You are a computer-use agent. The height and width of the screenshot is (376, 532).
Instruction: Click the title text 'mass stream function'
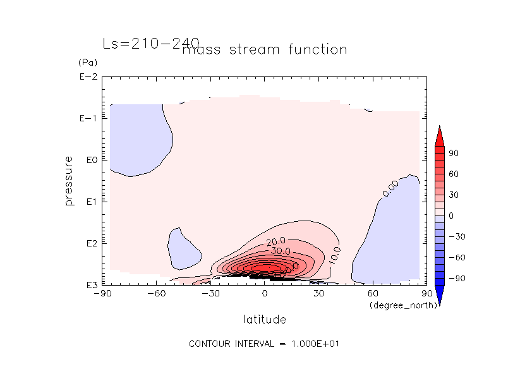tap(264, 49)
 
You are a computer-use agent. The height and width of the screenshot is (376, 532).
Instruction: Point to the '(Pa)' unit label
tap(87, 63)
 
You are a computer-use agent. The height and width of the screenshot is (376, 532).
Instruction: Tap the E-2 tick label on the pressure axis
tap(87, 77)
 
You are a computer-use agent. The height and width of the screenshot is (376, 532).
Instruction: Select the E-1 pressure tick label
tap(87, 119)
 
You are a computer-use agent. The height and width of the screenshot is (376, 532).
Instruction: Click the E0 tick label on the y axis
tap(90, 160)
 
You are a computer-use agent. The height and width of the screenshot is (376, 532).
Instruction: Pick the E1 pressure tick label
tap(90, 202)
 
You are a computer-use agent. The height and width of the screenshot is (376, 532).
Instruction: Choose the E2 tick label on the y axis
tap(90, 243)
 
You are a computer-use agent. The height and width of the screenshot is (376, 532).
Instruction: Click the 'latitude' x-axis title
tap(264, 320)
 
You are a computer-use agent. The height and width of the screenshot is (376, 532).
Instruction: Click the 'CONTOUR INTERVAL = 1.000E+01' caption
tap(265, 344)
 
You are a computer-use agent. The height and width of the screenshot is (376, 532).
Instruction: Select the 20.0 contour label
tap(276, 241)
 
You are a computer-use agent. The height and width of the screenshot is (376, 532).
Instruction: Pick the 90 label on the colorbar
tap(454, 154)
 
